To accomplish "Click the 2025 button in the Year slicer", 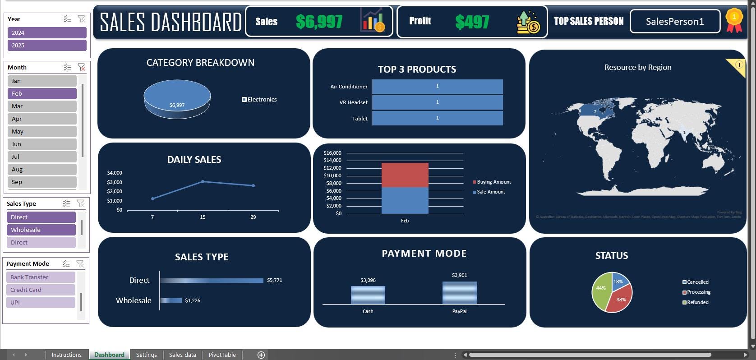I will coord(46,45).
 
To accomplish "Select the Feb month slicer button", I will coord(41,93).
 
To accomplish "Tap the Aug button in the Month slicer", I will coord(41,169).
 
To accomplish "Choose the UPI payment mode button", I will coord(41,302).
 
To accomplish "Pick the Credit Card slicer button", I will coord(41,290).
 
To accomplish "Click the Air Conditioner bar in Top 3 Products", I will coord(437,87).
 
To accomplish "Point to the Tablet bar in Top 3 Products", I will coord(437,118).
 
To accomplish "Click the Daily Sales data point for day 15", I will coord(203,182).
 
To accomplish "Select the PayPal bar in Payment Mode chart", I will coord(459,293).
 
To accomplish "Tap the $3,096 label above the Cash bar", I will coord(368,280).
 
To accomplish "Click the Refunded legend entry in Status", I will coord(697,302).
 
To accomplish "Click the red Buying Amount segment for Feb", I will coord(405,175).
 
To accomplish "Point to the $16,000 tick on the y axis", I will coord(332,153).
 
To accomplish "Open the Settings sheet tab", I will coord(146,355).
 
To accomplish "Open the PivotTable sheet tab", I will coord(222,355).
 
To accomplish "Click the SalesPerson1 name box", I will coord(674,21).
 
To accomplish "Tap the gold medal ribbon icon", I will coord(734,20).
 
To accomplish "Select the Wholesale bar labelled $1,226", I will coord(171,300).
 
